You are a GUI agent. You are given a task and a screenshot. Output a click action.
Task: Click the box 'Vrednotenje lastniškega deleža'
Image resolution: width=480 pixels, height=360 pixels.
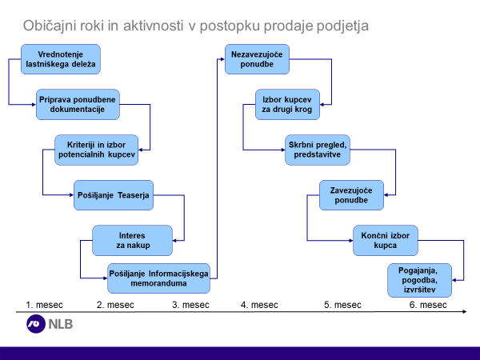tap(61, 59)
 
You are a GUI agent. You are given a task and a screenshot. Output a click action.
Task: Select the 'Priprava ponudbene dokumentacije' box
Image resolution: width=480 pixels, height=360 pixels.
tap(78, 104)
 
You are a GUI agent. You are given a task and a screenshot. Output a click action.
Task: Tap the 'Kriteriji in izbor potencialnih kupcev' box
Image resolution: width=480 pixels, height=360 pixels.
tap(97, 150)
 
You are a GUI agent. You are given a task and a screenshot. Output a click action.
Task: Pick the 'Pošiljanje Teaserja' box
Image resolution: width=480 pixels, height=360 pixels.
tap(114, 195)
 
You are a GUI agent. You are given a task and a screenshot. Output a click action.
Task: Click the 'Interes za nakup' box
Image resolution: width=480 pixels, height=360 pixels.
tap(132, 240)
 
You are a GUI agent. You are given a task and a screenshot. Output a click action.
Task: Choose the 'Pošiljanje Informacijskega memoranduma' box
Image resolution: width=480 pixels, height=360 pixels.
tap(158, 278)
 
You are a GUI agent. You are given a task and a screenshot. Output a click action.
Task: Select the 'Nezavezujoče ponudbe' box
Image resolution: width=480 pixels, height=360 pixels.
tap(257, 59)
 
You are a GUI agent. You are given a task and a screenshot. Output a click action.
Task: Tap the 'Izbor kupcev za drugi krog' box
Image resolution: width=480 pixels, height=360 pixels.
tap(287, 104)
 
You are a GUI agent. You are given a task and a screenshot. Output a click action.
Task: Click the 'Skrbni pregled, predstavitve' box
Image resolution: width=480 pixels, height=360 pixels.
tap(318, 150)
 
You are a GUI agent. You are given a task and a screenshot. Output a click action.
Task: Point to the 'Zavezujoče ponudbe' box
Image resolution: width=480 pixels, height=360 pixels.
tap(351, 195)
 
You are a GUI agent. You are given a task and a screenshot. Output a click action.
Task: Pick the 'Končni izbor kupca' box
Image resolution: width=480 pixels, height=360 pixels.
tap(386, 240)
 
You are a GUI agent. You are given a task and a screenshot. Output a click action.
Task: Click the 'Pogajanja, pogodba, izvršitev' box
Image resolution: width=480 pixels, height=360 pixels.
tap(420, 280)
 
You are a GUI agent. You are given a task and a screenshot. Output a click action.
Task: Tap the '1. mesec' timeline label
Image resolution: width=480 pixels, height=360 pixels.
tap(44, 305)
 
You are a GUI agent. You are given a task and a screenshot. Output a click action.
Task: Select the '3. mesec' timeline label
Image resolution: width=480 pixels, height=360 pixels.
tap(190, 305)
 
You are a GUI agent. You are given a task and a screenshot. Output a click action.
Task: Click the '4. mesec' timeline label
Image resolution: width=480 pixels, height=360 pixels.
tap(259, 305)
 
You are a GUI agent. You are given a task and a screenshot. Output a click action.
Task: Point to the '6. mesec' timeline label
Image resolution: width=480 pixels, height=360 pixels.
tap(428, 305)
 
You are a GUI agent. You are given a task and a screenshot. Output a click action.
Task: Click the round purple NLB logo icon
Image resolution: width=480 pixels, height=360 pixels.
tap(36, 324)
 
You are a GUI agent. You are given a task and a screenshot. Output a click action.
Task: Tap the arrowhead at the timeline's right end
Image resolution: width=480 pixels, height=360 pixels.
tap(465, 312)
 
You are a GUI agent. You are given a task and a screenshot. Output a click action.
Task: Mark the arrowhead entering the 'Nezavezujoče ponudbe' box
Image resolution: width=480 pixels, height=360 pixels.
tap(222, 59)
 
